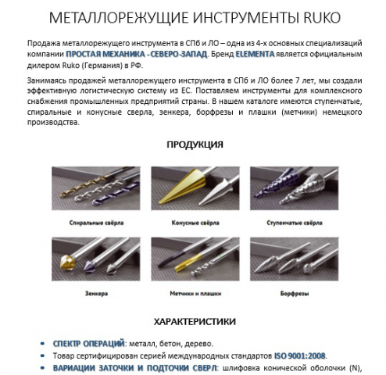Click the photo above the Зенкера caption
(x=88, y=261)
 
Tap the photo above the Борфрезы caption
(x=300, y=261)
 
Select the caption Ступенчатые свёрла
(x=300, y=222)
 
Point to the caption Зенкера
(x=88, y=293)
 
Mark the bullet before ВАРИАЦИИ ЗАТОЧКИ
(x=41, y=366)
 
